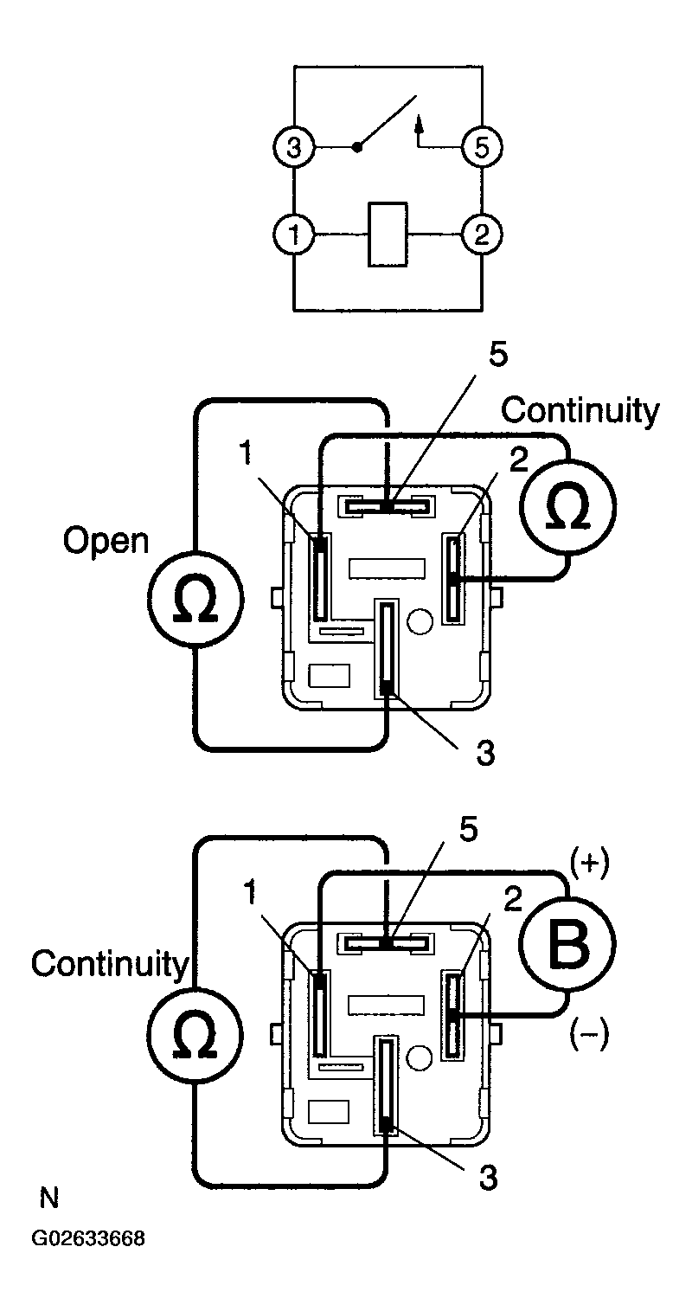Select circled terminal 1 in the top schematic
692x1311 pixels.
tap(294, 235)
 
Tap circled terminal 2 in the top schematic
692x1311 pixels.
tap(482, 235)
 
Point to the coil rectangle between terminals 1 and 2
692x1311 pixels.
tap(388, 235)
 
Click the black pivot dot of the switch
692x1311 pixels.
tap(357, 147)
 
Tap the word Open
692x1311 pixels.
tap(106, 543)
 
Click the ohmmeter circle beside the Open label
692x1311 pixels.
tap(195, 601)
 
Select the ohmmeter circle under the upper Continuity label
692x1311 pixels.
tap(568, 507)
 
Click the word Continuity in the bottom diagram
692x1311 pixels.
tap(109, 965)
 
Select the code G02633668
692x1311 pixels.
tap(88, 1238)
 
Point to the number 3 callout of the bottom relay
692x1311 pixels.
tap(488, 1178)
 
